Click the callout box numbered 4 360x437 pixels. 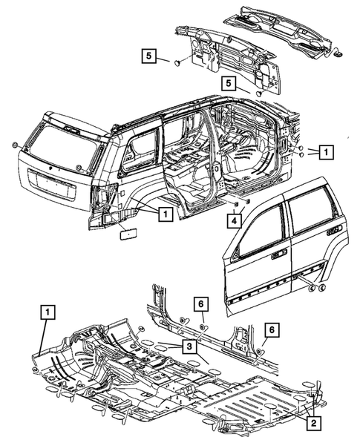click(x=235, y=219)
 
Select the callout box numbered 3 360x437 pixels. click(x=190, y=346)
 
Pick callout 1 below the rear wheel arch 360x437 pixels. click(x=166, y=214)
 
